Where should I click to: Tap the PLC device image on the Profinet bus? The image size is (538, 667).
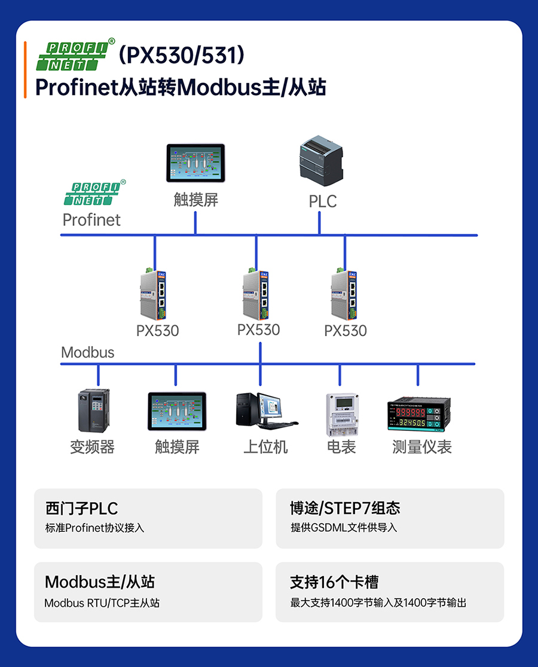tap(322, 160)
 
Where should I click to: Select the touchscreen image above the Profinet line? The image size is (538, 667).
tap(195, 163)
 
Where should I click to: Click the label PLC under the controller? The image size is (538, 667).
tap(323, 201)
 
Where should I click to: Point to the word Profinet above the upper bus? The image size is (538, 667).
tap(91, 220)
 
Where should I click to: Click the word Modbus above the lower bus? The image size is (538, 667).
tap(87, 352)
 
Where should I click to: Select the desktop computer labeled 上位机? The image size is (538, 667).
tap(265, 411)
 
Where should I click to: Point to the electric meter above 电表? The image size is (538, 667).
tap(341, 414)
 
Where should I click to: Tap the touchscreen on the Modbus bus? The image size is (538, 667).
tap(177, 411)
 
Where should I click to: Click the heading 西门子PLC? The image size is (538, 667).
tap(82, 509)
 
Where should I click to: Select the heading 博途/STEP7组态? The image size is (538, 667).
tap(345, 509)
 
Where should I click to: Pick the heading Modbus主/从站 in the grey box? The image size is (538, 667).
tap(100, 582)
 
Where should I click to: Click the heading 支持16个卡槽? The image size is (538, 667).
tap(334, 582)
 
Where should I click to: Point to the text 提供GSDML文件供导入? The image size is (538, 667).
tap(344, 528)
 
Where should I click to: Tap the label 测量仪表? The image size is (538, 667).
tap(422, 446)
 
